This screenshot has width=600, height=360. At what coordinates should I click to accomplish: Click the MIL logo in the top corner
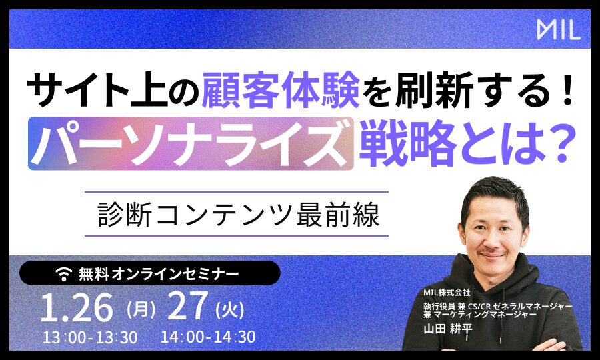(x=559, y=29)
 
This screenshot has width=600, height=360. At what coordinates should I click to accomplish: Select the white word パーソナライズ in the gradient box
(x=191, y=143)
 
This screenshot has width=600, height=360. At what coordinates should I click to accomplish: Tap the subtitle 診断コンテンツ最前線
(x=239, y=215)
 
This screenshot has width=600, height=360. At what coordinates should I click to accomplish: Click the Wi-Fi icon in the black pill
(x=64, y=274)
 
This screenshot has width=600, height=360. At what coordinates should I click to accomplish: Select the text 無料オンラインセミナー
(x=159, y=274)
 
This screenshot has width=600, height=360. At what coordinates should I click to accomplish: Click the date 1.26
(x=77, y=307)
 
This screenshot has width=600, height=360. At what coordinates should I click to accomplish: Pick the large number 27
(x=188, y=307)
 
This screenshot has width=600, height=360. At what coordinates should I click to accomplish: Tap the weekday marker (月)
(x=141, y=309)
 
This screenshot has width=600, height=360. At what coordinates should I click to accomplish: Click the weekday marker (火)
(x=230, y=309)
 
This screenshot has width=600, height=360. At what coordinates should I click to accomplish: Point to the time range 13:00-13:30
(x=90, y=337)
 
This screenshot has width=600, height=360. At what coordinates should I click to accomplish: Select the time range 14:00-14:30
(x=208, y=337)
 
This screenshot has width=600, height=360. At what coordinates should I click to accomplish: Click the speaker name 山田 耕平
(x=448, y=329)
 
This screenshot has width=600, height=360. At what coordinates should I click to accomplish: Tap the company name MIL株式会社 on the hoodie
(x=447, y=292)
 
